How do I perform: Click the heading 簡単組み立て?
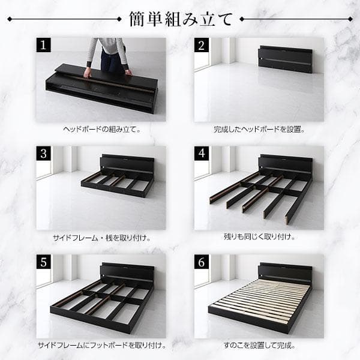pyautogui.click(x=180, y=19)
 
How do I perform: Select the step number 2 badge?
pyautogui.click(x=202, y=46)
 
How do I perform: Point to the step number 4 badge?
pyautogui.click(x=202, y=154)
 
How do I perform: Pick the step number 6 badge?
pyautogui.click(x=202, y=262)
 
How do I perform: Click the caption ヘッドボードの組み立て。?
pyautogui.click(x=101, y=129)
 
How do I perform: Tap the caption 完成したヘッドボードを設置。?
pyautogui.click(x=259, y=129)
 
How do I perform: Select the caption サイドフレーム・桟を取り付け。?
pyautogui.click(x=101, y=237)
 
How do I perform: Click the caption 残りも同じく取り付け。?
pyautogui.click(x=259, y=237)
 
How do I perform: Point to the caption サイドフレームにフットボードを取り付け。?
pyautogui.click(x=101, y=346)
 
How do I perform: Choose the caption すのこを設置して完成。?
pyautogui.click(x=259, y=346)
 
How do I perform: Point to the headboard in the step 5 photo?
pyautogui.click(x=127, y=273)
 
